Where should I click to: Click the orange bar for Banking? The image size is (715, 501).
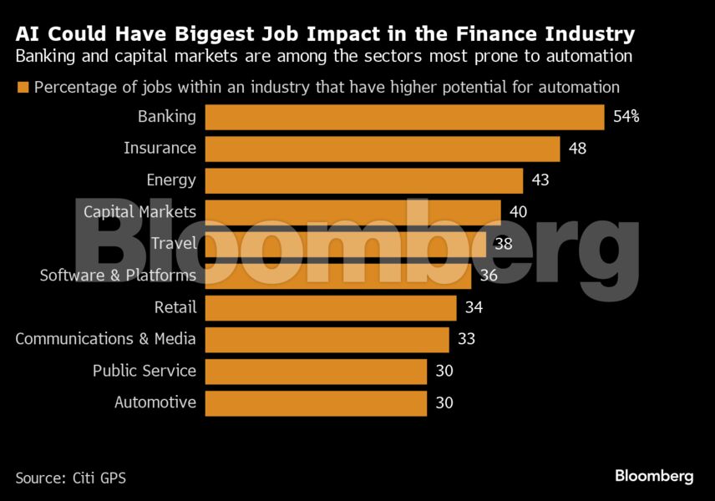404,117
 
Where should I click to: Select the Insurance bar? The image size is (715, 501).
383,149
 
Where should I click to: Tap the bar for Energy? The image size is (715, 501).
364,180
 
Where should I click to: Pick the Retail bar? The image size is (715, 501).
331,307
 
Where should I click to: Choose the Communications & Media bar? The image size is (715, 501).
327,339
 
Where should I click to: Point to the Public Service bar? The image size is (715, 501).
316,371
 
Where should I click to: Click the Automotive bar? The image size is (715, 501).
316,402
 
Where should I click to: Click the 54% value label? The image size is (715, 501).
626,117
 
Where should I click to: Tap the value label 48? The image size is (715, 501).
577,149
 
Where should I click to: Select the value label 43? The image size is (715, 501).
540,180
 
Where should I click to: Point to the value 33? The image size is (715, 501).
466,339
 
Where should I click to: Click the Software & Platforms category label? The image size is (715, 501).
118,276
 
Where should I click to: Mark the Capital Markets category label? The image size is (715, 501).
139,212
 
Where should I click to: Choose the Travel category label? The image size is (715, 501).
174,244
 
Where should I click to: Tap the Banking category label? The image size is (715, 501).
167,117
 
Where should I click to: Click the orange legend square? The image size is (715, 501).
23,87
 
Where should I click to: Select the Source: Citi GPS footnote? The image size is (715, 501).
71,478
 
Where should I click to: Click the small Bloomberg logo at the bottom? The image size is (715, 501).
654,476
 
